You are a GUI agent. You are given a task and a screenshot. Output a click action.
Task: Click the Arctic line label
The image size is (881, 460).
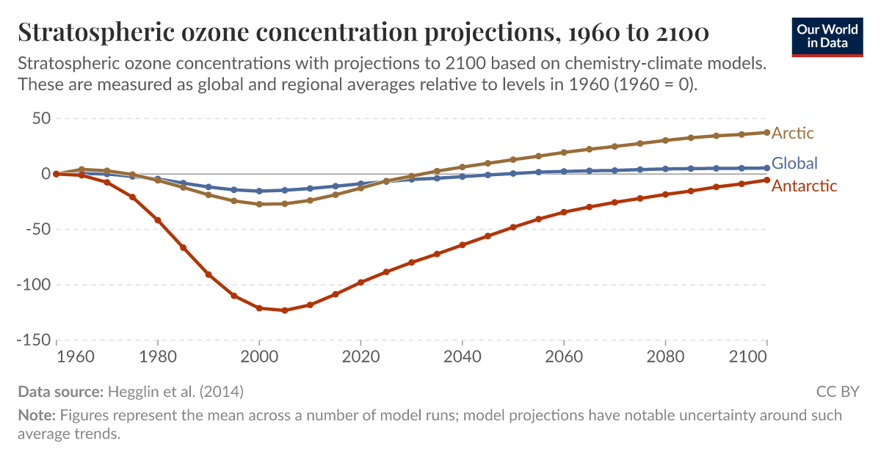click(x=793, y=134)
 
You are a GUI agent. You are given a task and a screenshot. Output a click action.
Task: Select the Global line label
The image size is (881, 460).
click(x=794, y=163)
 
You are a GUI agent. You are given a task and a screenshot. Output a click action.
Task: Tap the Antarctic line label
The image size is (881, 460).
click(x=804, y=186)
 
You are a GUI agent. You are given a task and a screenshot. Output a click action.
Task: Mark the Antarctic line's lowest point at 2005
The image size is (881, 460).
click(x=285, y=310)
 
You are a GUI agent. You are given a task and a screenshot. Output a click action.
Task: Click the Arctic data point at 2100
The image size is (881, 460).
click(x=766, y=133)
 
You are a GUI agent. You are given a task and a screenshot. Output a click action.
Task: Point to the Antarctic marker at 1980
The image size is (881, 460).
click(x=158, y=220)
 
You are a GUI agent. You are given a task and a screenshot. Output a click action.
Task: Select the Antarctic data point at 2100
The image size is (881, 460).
click(x=766, y=180)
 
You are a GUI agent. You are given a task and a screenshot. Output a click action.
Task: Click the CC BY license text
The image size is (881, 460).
click(x=837, y=392)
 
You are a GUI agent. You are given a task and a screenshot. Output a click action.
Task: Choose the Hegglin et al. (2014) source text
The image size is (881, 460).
click(x=175, y=392)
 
